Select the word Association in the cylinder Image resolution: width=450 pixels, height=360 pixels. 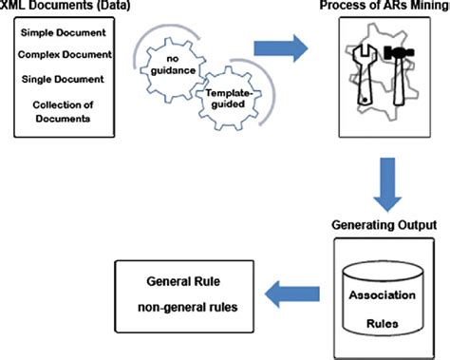point(384,294)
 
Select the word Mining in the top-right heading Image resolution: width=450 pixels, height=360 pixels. point(423,8)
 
